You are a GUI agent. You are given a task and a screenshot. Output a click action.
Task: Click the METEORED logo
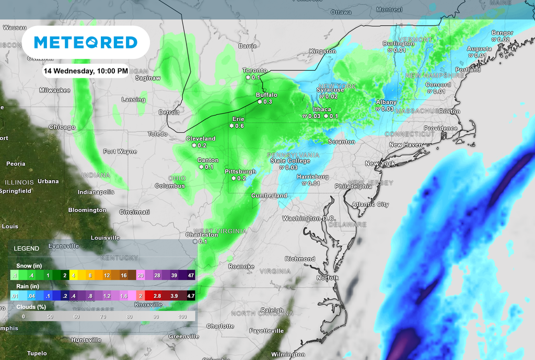pos(85,42)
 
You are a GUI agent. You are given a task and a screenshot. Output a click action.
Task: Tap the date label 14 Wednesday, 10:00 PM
pos(86,71)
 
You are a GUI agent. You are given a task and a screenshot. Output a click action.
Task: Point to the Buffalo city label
pos(266,95)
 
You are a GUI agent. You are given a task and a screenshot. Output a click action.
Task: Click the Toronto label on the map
pos(254,71)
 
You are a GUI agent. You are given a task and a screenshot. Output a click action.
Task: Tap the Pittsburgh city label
pos(240,171)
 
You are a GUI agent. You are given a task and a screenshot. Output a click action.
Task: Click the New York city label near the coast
pos(380,164)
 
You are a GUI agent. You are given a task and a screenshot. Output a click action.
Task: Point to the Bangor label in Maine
pos(502,33)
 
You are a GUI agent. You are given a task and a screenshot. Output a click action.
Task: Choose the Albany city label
pos(386,102)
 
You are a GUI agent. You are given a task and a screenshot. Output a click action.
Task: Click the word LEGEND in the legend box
pos(26,248)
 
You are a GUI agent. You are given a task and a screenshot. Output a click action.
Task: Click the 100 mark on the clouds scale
pos(182,316)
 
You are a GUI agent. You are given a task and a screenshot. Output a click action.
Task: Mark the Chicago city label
pos(62,127)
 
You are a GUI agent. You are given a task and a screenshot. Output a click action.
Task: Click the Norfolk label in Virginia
pos(327,277)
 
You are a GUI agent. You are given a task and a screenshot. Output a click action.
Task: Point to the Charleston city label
pos(201,235)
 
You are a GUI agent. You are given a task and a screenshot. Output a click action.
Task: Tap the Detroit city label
pos(169,112)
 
